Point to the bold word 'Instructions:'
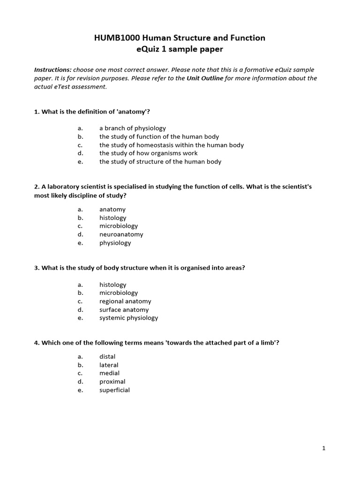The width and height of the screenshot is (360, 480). tap(53, 70)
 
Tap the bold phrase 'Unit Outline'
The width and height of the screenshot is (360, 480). tap(205, 78)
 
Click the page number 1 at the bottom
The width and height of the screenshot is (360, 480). tap(323, 449)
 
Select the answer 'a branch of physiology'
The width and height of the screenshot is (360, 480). tap(132, 128)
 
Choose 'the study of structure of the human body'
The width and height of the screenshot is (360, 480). tap(160, 162)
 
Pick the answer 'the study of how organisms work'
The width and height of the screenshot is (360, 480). tap(148, 153)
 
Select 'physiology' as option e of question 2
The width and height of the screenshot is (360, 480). tap(115, 243)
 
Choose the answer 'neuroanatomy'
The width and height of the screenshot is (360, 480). tap(121, 234)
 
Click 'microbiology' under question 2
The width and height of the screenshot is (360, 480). tap(118, 226)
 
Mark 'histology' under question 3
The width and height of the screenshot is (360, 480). tap(112, 285)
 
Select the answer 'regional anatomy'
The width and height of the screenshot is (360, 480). tap(125, 301)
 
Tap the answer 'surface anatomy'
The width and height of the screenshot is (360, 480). tap(124, 310)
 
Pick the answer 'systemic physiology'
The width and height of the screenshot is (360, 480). tap(128, 318)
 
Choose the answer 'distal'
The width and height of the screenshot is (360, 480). tap(107, 357)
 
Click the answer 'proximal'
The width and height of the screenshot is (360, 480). tap(112, 382)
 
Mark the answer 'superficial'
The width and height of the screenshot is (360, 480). tap(114, 390)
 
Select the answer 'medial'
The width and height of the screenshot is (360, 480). tap(109, 373)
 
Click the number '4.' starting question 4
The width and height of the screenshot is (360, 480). tap(37, 343)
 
